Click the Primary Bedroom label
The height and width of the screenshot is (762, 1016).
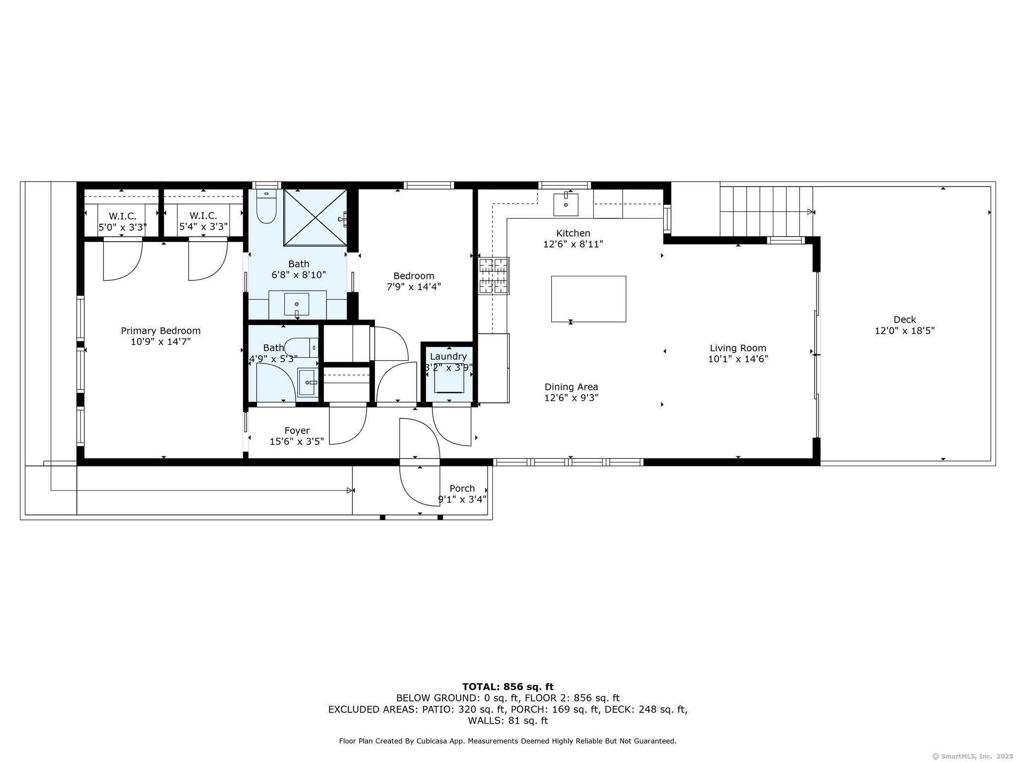161,331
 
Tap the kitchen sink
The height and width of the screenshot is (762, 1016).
566,204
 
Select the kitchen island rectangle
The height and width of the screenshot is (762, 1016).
588,299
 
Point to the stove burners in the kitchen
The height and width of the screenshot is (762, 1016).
494,275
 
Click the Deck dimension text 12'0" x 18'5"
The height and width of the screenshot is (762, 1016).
904,331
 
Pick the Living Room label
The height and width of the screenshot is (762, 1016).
738,348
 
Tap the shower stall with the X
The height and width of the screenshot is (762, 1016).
315,217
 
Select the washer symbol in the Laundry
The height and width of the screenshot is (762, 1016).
449,381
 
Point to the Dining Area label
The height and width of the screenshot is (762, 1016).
571,387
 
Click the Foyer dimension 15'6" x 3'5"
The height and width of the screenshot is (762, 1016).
297,442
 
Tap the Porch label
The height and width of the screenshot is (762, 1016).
462,489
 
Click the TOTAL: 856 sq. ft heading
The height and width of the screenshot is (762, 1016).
508,687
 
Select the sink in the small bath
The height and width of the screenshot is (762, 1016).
308,382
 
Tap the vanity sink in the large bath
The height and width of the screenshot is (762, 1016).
297,304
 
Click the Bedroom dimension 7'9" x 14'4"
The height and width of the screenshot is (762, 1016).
414,287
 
